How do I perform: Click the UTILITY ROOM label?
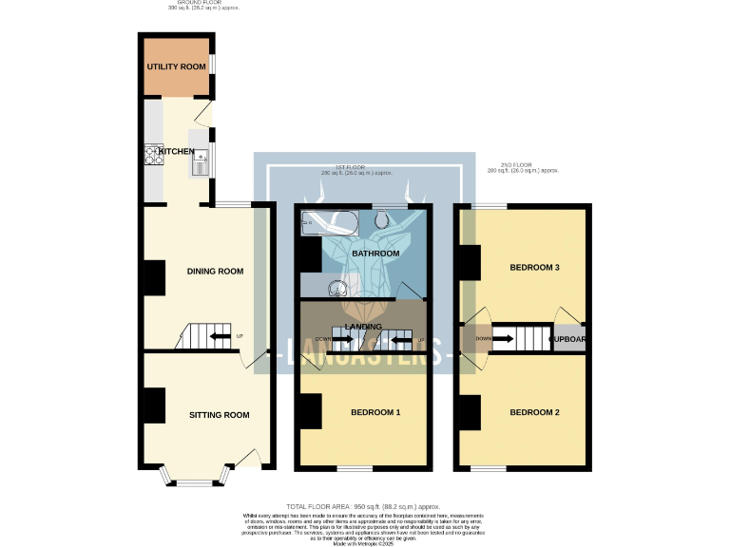coord(175,67)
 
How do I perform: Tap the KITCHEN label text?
coord(176,152)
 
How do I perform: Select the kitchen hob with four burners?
coord(154,154)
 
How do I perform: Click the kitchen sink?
coord(200,165)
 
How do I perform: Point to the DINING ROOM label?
coord(215,272)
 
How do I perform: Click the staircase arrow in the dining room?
coord(220,336)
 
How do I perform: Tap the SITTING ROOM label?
coord(219,415)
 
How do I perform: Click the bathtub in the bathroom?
coord(326,224)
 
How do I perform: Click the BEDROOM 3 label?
coord(534,268)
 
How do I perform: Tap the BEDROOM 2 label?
coord(533,412)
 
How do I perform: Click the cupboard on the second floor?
coord(567,338)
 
